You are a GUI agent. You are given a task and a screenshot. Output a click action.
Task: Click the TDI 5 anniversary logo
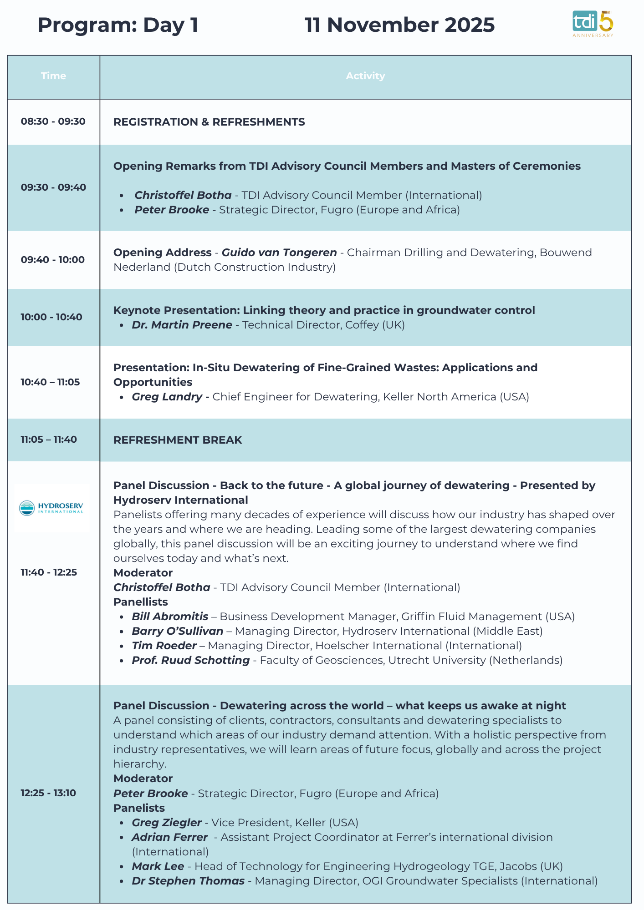tap(593, 24)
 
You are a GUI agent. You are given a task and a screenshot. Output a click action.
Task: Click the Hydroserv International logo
tap(51, 508)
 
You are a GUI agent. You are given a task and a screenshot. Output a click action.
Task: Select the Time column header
tap(53, 76)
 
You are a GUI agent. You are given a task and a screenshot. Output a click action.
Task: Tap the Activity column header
tap(365, 76)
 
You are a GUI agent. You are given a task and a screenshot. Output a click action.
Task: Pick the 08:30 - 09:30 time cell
tap(53, 121)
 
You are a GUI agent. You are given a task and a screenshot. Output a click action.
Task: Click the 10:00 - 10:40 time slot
tap(51, 317)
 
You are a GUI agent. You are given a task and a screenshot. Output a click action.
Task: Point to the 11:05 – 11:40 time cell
tap(49, 440)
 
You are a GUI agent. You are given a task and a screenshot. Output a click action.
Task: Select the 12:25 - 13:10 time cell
tap(48, 793)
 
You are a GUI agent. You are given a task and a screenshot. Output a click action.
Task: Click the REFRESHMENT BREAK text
tap(178, 440)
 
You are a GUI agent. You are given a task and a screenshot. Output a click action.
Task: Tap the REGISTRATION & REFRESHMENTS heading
tap(209, 122)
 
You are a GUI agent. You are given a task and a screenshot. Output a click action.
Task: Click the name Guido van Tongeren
tap(279, 253)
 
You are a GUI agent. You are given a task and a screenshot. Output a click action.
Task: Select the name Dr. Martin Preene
tap(182, 325)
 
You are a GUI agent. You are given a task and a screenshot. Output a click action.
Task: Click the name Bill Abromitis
tap(170, 617)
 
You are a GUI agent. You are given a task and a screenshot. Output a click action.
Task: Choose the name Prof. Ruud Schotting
tap(191, 660)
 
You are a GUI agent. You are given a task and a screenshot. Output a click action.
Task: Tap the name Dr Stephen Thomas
tap(188, 881)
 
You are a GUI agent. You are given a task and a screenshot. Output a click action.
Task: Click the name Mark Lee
tap(158, 866)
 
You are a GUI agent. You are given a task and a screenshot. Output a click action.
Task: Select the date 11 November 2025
tap(399, 25)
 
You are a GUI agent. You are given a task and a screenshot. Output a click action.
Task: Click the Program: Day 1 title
tap(118, 25)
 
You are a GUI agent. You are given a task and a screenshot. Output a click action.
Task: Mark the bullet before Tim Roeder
tap(122, 646)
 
